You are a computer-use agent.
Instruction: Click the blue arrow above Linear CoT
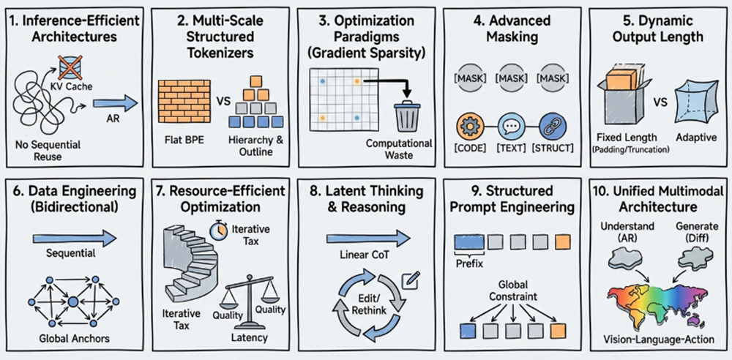point(366,238)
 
